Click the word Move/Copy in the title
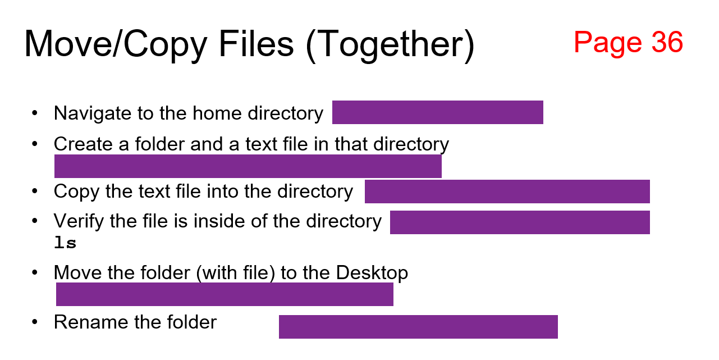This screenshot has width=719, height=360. click(x=115, y=44)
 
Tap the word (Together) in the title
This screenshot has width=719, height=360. click(x=390, y=44)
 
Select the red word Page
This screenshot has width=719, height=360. click(x=607, y=42)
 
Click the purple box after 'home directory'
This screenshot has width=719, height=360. click(x=437, y=112)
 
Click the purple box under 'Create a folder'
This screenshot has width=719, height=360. click(x=248, y=166)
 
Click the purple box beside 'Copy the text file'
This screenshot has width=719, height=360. click(x=507, y=192)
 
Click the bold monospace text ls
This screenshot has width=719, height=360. click(x=65, y=243)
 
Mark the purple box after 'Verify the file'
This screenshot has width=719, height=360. click(x=520, y=222)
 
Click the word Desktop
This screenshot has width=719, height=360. click(x=372, y=273)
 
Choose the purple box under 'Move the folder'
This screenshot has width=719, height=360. click(x=225, y=294)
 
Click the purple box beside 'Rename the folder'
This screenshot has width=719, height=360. click(x=418, y=327)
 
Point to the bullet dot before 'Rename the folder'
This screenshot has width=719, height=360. click(x=35, y=322)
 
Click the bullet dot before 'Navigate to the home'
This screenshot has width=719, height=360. click(x=35, y=113)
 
